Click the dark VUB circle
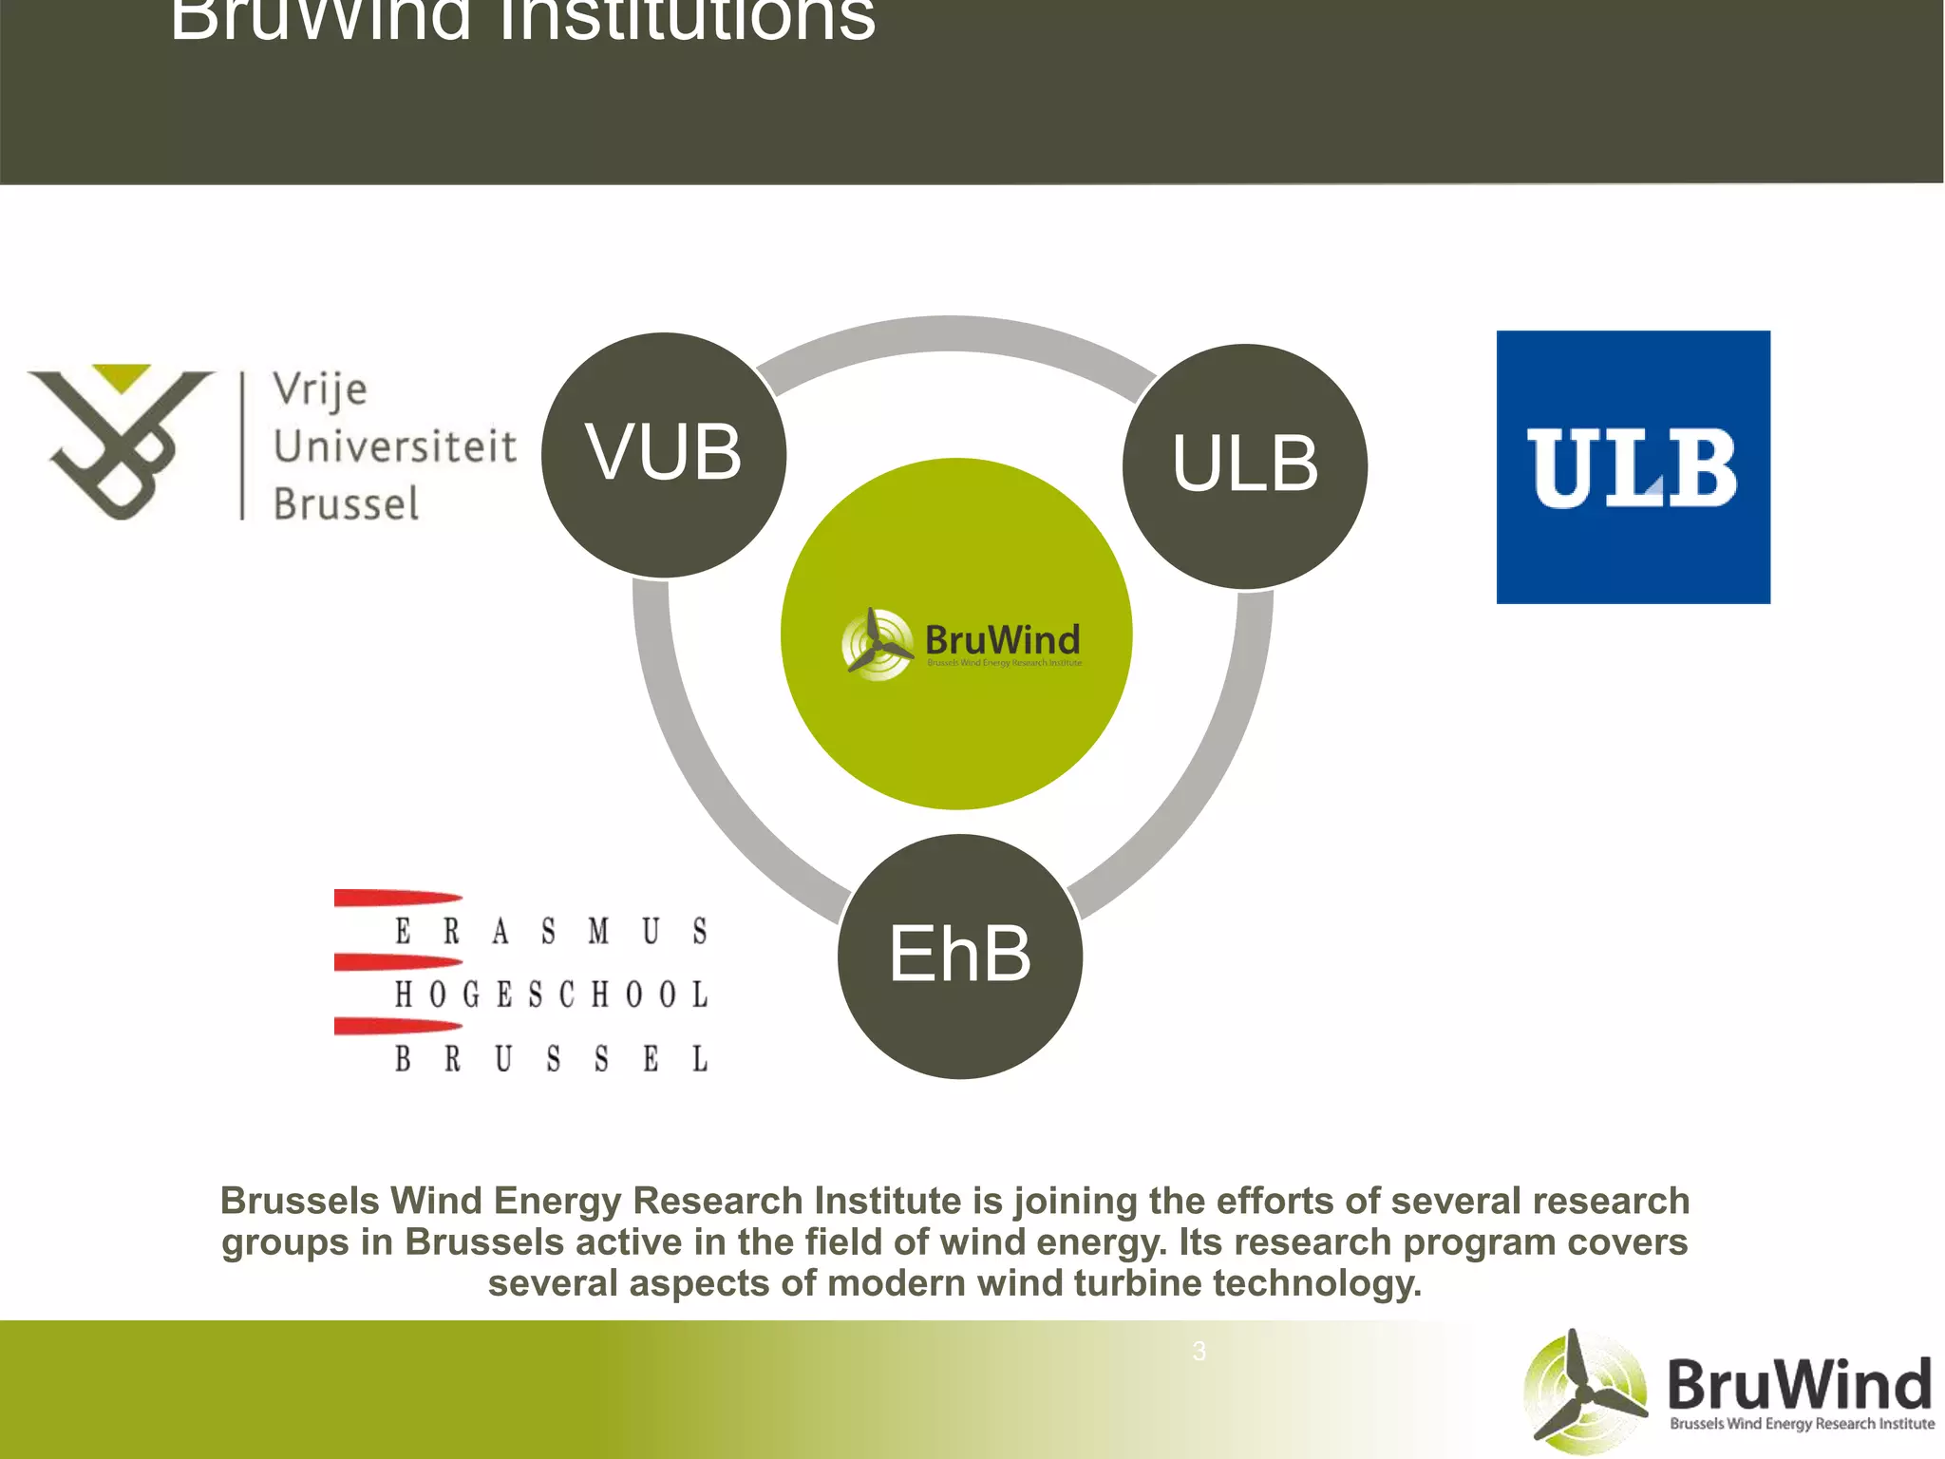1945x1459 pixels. [x=664, y=454]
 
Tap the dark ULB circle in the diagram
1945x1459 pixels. [x=1245, y=465]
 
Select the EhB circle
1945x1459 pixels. [x=959, y=956]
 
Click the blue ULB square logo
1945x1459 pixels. [x=1633, y=466]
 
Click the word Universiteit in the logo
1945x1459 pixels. [x=395, y=446]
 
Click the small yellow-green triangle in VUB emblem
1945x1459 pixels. [x=122, y=376]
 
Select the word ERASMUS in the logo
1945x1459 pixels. [x=551, y=931]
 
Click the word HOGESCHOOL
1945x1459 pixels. [x=551, y=995]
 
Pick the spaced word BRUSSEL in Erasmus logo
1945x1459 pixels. [x=551, y=1058]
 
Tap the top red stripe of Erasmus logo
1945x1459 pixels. [x=397, y=898]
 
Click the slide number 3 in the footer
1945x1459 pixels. [x=1199, y=1351]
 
